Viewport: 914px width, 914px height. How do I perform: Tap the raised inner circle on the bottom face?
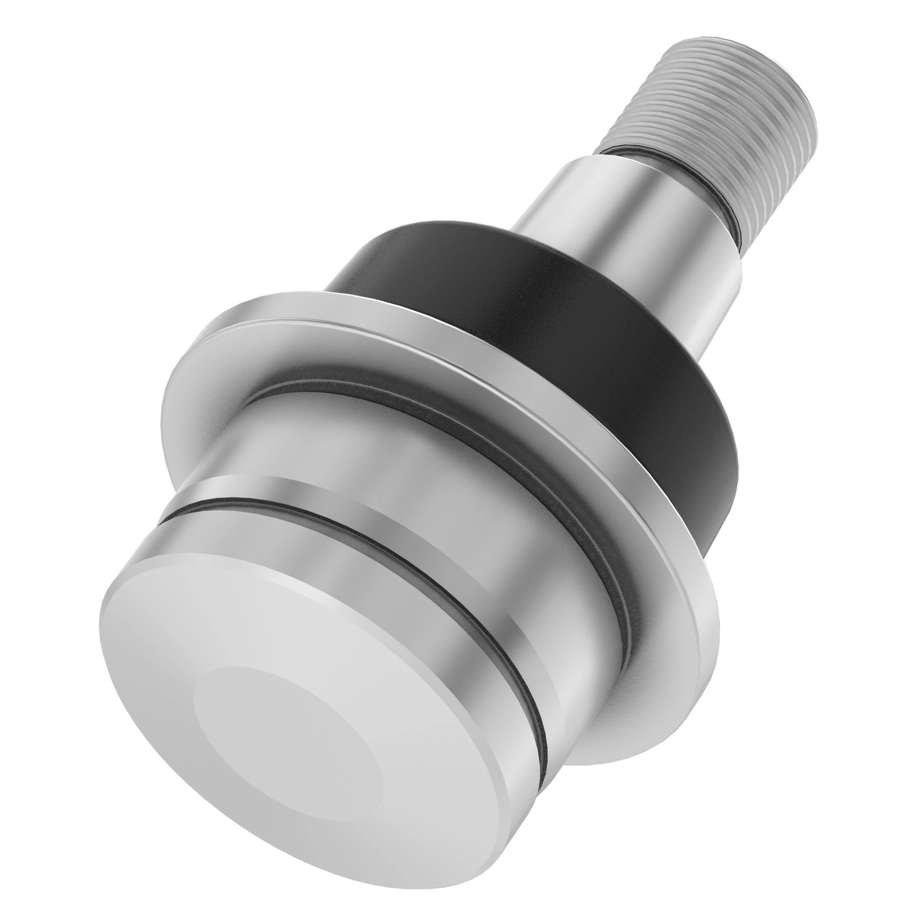pos(288,743)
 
